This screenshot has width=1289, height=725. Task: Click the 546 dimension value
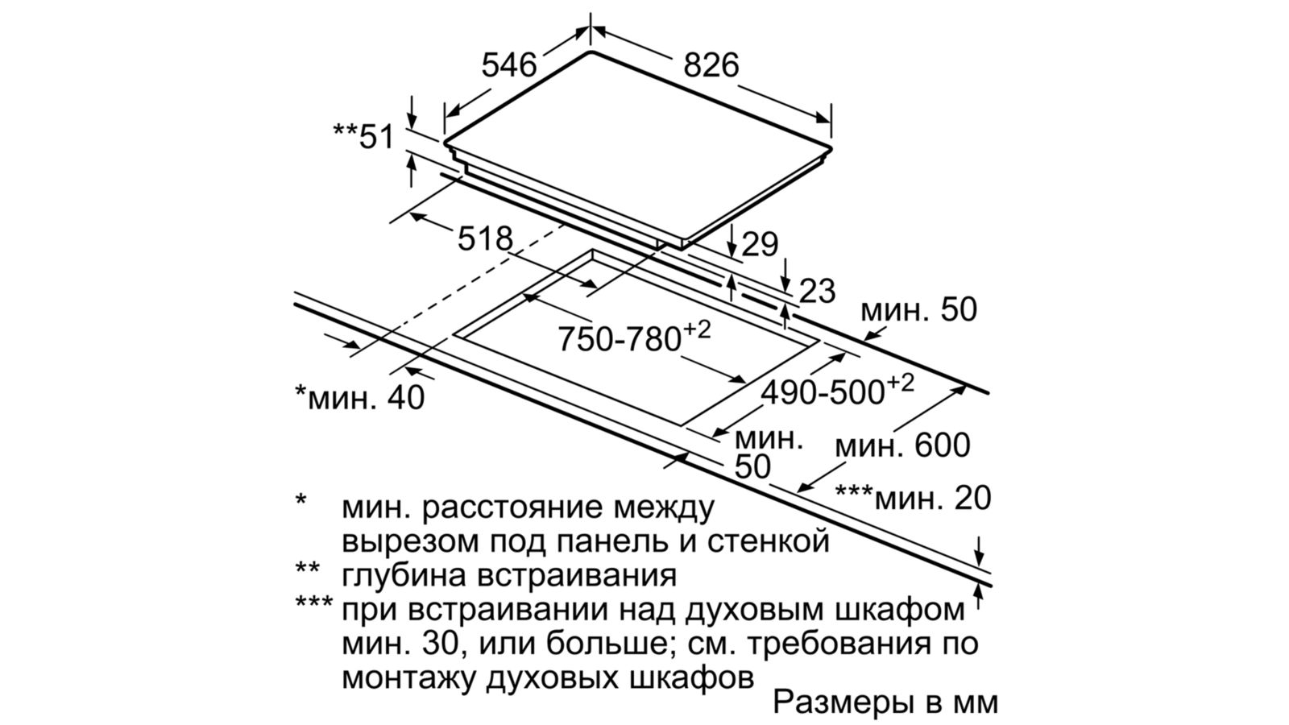(x=508, y=65)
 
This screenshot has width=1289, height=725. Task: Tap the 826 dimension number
(x=711, y=65)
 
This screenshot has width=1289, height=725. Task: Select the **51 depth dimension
(x=364, y=137)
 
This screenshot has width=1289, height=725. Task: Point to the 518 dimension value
(x=484, y=238)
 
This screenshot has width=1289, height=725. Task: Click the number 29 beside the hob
(x=760, y=244)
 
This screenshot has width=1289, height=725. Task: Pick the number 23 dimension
(x=817, y=292)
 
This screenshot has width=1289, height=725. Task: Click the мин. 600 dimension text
(x=902, y=445)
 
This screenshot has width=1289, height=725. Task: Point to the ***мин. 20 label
(x=913, y=498)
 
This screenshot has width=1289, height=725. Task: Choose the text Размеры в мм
(x=885, y=702)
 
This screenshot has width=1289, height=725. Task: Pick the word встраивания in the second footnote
(x=583, y=576)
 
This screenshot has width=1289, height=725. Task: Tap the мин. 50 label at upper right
(x=918, y=309)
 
